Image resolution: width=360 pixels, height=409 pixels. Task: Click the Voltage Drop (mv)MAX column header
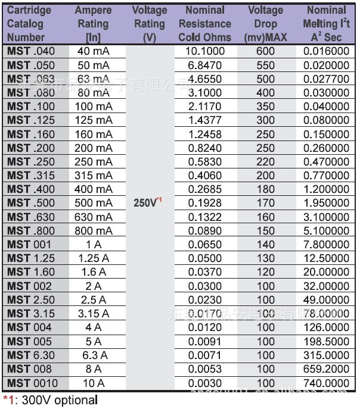pos(266,24)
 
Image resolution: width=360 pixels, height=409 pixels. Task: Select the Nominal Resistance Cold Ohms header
pos(205,24)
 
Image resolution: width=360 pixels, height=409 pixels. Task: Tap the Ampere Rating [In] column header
pos(93,24)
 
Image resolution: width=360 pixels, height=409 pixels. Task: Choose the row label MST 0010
pos(33,383)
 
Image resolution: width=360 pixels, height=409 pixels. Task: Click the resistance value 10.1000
pos(205,51)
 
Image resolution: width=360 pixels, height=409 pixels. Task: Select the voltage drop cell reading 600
pos(266,51)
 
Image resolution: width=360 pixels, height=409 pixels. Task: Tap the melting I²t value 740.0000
pos(326,383)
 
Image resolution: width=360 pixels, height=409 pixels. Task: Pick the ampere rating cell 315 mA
pos(94,175)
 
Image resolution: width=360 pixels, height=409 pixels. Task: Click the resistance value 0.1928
pos(205,203)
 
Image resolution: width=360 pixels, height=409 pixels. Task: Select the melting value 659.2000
pos(326,369)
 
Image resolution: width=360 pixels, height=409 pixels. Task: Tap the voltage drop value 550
pos(266,65)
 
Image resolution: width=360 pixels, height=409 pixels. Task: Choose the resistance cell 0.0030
pos(205,383)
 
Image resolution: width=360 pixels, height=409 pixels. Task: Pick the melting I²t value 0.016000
pos(326,51)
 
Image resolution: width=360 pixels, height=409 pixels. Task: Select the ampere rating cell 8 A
pos(94,369)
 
